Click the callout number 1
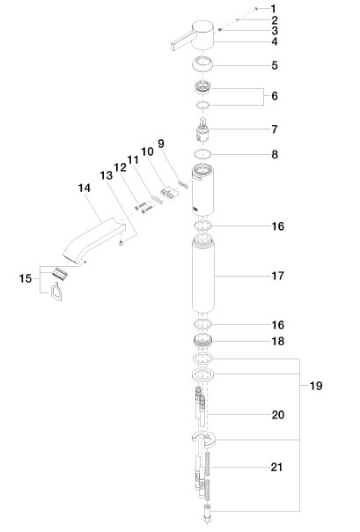[x=274, y=9]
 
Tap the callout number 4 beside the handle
[x=275, y=41]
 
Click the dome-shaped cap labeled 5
[x=202, y=63]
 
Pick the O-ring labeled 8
[x=202, y=154]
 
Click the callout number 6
[x=275, y=96]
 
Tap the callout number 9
[x=161, y=144]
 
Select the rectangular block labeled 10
[x=169, y=193]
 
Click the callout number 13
[x=107, y=175]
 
